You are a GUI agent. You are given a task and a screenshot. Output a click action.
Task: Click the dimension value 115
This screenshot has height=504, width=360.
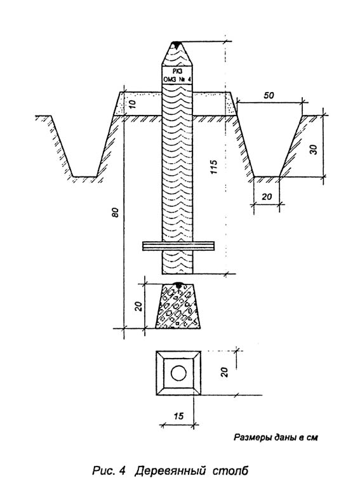click(213, 167)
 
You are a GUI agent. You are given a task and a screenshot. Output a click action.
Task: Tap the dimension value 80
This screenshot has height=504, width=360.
click(116, 213)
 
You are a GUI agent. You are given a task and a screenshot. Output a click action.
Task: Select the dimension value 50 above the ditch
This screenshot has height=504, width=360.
click(269, 95)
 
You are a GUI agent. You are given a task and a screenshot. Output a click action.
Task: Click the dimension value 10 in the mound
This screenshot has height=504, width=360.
click(134, 104)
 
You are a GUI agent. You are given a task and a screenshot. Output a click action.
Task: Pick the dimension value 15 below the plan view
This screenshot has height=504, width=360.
click(178, 416)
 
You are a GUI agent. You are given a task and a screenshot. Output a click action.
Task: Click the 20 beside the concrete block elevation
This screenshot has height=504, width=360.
click(138, 307)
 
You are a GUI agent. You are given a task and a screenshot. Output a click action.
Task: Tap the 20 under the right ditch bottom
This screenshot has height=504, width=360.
click(267, 196)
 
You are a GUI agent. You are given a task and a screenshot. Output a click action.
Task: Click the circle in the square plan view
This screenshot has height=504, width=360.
click(178, 373)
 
